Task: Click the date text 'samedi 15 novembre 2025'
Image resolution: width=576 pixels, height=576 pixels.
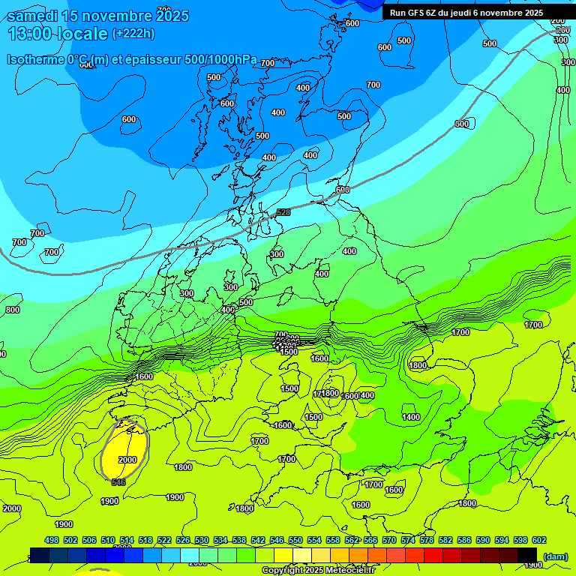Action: (x=97, y=16)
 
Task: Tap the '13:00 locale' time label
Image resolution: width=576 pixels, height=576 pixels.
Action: (x=58, y=34)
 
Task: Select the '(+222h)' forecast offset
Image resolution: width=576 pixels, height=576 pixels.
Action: (x=133, y=34)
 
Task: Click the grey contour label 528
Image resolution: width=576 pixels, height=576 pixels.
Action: (x=283, y=213)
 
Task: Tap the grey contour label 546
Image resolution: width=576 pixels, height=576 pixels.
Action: (x=118, y=482)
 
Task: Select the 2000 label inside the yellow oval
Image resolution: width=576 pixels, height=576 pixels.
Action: (x=127, y=460)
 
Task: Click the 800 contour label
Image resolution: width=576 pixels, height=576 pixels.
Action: (x=13, y=310)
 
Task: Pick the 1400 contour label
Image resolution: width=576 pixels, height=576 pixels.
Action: (x=411, y=417)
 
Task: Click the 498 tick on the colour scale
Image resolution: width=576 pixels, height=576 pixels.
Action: (x=52, y=540)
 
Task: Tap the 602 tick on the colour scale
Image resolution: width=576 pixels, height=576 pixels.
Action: (x=539, y=540)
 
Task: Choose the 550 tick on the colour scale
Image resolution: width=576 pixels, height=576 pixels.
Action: (x=295, y=540)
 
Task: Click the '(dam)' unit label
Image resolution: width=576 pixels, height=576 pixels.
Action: (x=555, y=556)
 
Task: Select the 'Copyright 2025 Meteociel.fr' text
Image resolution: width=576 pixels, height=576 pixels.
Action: (x=318, y=570)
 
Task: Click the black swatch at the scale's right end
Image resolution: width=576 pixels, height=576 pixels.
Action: (x=527, y=555)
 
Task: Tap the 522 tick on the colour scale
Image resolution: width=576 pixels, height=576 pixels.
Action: (x=164, y=540)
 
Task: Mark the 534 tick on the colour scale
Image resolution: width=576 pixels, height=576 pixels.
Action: (x=220, y=540)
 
